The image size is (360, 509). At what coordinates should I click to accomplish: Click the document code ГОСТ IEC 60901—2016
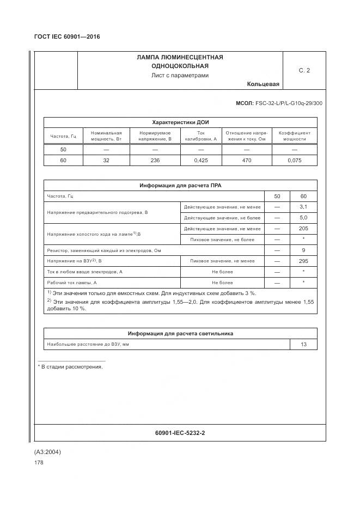[x=67, y=36]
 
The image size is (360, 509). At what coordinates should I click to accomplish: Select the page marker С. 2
[x=304, y=70]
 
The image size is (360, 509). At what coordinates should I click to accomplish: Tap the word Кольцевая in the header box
[x=263, y=84]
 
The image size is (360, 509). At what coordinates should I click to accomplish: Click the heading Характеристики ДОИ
[x=180, y=122]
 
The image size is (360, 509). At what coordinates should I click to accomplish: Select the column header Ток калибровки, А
[x=200, y=136]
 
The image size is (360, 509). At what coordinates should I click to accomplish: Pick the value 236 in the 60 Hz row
[x=155, y=160]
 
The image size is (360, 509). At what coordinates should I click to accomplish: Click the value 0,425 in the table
[x=200, y=160]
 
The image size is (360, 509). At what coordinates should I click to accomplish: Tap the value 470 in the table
[x=246, y=160]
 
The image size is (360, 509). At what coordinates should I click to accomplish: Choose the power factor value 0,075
[x=294, y=160]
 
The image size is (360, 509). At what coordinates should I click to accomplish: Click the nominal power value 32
[x=106, y=160]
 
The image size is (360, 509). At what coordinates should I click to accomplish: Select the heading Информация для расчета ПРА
[x=180, y=186]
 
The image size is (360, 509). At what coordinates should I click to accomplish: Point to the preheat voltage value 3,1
[x=303, y=206]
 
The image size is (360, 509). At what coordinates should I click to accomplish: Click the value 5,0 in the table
[x=303, y=217]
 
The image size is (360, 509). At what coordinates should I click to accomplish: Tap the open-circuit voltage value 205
[x=303, y=228]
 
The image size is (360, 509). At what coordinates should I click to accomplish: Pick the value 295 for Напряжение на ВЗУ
[x=303, y=261]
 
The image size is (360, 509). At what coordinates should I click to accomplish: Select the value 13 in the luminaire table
[x=303, y=344]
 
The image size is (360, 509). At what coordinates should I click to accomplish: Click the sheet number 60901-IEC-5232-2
[x=180, y=433]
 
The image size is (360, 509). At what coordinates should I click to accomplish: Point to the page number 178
[x=39, y=462]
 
